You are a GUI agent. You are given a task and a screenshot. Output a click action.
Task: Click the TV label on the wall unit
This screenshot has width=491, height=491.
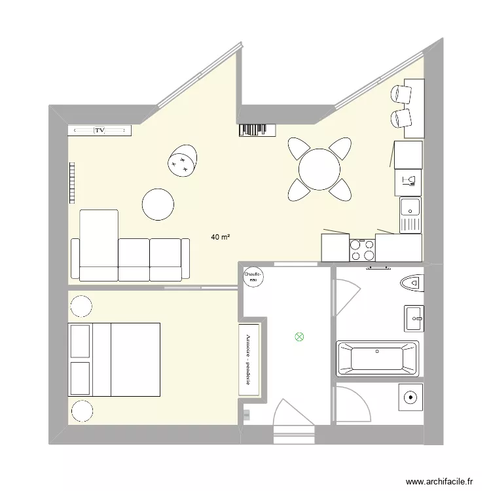[x=100, y=131]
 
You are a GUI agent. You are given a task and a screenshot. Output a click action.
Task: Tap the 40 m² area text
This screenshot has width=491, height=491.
[x=220, y=237]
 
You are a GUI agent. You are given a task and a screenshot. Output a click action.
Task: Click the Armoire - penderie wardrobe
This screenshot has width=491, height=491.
[x=249, y=359]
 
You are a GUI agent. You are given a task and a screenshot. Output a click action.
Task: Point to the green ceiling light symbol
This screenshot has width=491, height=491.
[x=300, y=338]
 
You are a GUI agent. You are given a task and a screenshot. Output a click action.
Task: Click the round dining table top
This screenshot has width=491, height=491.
[x=319, y=169]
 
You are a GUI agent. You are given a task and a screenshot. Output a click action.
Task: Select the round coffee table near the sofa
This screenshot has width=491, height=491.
[x=158, y=204]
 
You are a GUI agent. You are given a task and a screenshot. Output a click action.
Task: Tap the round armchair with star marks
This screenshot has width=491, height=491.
[x=182, y=160]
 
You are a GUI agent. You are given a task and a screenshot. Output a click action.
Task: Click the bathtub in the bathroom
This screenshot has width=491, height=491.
[x=377, y=358]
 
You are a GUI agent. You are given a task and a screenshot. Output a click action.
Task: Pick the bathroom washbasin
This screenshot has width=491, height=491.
[x=414, y=319]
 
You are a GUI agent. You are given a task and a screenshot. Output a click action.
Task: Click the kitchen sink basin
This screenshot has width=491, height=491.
[x=410, y=208]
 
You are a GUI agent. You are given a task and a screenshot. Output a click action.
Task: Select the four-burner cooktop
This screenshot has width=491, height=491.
[x=361, y=250]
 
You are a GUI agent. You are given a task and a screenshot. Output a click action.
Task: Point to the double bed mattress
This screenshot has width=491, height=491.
[x=135, y=359]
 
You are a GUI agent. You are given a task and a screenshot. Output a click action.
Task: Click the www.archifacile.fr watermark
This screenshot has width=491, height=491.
[x=439, y=480]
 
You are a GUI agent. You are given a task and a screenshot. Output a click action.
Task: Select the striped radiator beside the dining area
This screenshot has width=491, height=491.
[x=254, y=130]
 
